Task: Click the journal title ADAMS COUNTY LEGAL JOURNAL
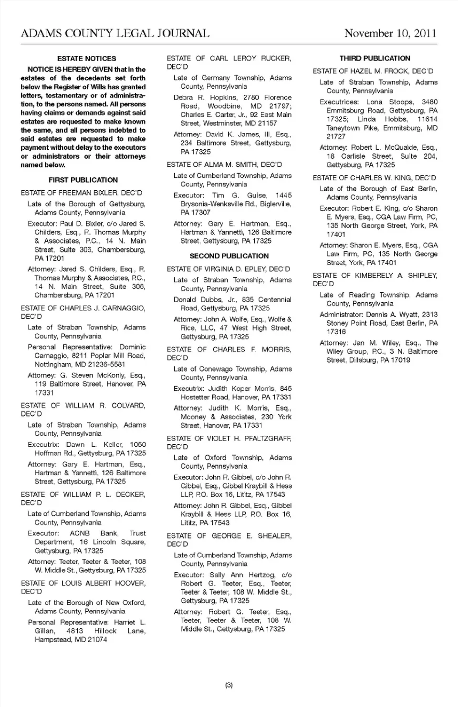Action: [x=115, y=33]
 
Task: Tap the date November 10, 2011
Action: [x=390, y=33]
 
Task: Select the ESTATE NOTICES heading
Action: [x=86, y=59]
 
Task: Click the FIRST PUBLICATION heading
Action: [x=83, y=180]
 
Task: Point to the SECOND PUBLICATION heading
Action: [x=229, y=256]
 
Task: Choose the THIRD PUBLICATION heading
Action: [x=375, y=59]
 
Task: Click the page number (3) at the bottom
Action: [x=229, y=685]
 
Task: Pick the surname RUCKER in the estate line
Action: [x=276, y=59]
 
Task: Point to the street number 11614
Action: [x=427, y=119]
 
